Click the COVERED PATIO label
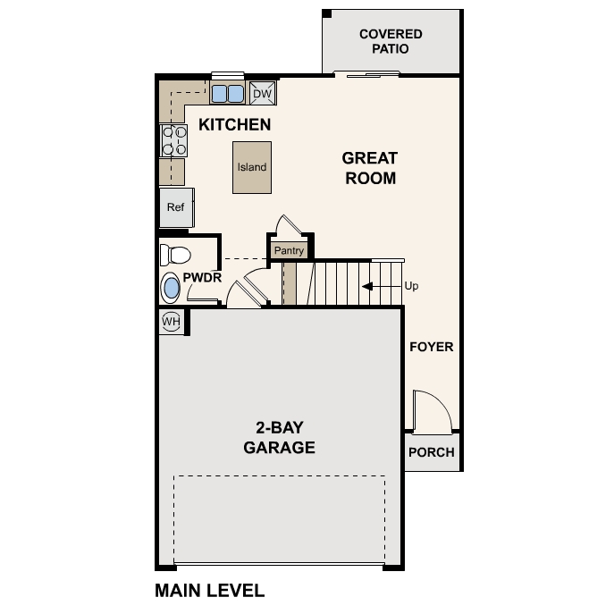pyautogui.click(x=391, y=41)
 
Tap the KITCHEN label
pyautogui.click(x=234, y=124)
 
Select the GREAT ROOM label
pyautogui.click(x=369, y=168)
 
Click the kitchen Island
pyautogui.click(x=252, y=167)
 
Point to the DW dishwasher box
pyautogui.click(x=262, y=93)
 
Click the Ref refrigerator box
pyautogui.click(x=176, y=207)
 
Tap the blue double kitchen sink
pyautogui.click(x=227, y=93)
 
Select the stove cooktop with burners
pyautogui.click(x=173, y=140)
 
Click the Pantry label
pyautogui.click(x=289, y=251)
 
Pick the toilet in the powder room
pyautogui.click(x=173, y=255)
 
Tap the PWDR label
pyautogui.click(x=202, y=278)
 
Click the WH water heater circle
pyautogui.click(x=171, y=320)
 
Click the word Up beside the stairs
pyautogui.click(x=411, y=287)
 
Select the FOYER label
pyautogui.click(x=432, y=347)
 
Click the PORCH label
pyautogui.click(x=431, y=452)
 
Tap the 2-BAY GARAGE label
pyautogui.click(x=279, y=437)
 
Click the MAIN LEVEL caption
pyautogui.click(x=209, y=591)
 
